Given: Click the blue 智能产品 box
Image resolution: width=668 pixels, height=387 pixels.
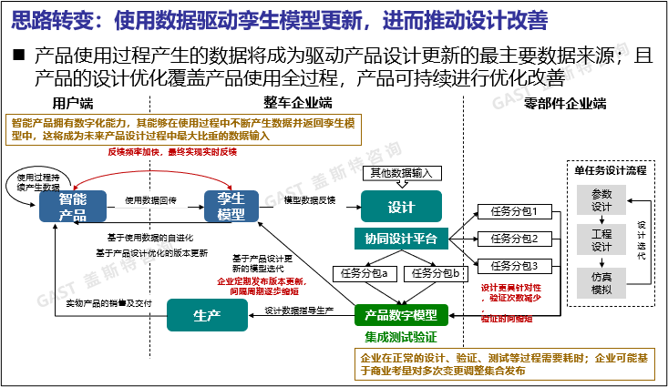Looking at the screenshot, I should coord(72,207).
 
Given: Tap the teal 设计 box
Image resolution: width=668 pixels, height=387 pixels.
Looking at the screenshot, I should coord(401,207).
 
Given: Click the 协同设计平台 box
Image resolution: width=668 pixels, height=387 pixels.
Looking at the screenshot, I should coord(401,239).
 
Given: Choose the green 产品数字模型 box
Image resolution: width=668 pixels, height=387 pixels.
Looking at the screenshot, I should coord(401,315).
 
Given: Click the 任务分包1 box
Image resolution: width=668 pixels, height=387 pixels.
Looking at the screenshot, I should coord(515,212).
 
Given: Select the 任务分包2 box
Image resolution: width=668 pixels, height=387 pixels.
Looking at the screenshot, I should coord(515,239).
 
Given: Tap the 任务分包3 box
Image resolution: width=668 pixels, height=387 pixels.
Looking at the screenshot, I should coord(515,266).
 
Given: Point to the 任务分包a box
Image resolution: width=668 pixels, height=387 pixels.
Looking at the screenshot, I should coord(364,272).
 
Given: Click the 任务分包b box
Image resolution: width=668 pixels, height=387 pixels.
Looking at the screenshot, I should coord(436,272).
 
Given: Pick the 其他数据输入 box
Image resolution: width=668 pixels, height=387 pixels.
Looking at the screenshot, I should coord(402,173).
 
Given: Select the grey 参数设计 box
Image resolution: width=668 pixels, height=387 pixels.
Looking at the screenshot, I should coord(601,199).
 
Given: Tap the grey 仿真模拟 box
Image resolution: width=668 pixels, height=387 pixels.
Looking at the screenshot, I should coord(601,282).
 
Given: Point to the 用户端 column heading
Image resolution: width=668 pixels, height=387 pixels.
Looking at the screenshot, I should coord(73,103).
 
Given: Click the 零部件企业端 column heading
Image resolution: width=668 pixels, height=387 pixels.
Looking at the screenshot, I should coord(565,103).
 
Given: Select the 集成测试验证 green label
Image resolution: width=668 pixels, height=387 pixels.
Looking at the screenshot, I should coord(402,336).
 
